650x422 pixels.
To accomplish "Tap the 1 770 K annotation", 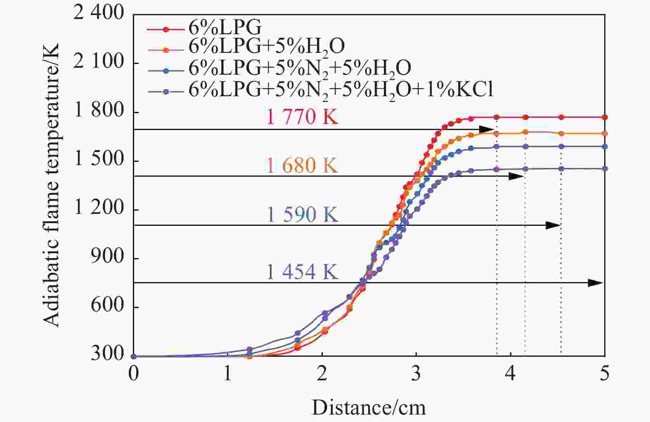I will point(302,117).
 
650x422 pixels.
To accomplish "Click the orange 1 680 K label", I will point(302,166).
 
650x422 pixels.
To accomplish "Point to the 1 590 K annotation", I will point(302,214).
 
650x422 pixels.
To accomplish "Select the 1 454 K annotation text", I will point(302,272).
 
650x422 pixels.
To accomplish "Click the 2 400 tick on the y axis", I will point(98,14).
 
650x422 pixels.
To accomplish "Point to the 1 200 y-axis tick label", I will point(98,209).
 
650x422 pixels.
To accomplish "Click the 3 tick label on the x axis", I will point(416,374).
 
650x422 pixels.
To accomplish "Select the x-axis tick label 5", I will point(605,374).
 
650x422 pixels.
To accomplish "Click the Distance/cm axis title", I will point(368,408).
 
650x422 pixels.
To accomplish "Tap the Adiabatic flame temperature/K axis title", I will point(51,185).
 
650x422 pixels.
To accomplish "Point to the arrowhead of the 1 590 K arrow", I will point(553,225).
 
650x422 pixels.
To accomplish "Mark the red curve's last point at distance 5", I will point(605,117).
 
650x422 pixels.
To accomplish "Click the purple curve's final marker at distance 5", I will point(605,168).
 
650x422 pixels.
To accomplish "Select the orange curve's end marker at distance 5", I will point(605,134).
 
